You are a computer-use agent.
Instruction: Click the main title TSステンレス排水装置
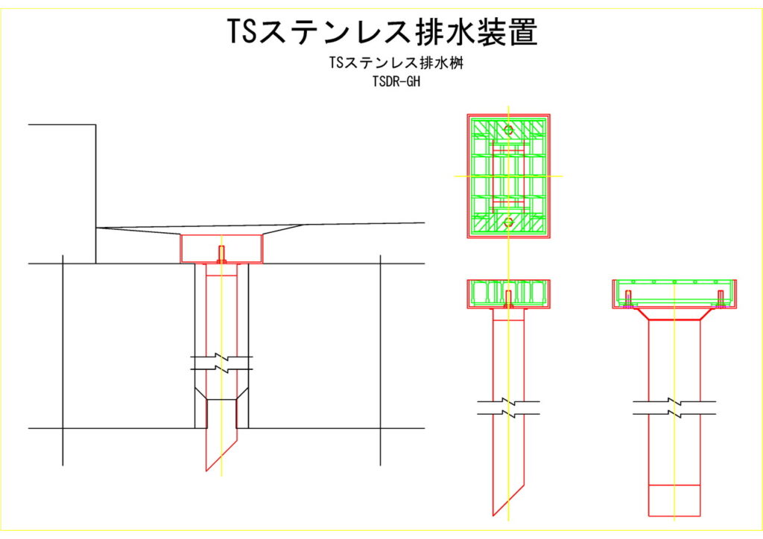coord(381,32)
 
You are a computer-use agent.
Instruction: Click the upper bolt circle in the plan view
coord(509,130)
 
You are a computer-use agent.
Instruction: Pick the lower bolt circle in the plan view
coord(509,222)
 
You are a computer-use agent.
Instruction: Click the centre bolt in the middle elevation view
coord(509,298)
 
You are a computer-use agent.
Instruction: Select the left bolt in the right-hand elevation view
coord(627,299)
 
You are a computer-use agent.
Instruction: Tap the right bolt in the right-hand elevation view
coord(721,299)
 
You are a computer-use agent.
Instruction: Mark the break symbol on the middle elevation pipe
coord(509,407)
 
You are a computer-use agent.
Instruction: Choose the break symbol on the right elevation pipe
coord(674,407)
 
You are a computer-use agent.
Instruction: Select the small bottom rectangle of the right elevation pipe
coord(674,500)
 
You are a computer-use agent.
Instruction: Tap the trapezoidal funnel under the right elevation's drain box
coord(674,315)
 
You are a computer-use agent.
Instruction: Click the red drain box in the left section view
coord(221,249)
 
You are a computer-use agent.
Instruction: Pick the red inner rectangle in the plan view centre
coord(509,176)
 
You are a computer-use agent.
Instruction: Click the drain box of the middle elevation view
coord(509,293)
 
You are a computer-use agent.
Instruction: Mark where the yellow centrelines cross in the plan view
coord(509,176)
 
